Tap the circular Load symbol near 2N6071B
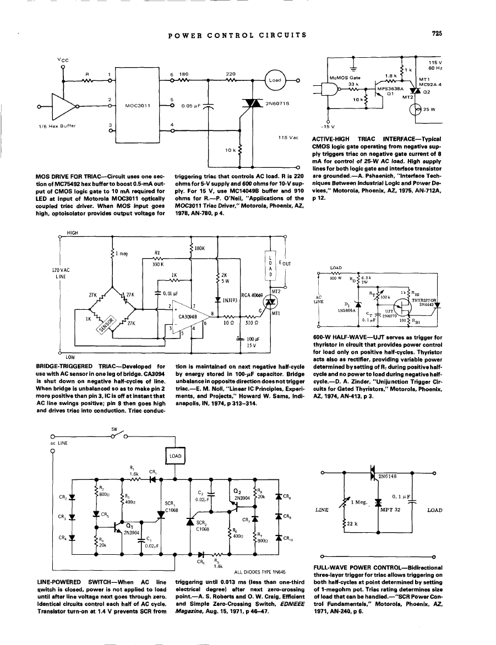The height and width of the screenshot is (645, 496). pos(274,80)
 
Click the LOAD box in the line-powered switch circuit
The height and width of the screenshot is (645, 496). pos(176,456)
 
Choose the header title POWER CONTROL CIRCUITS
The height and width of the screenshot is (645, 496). pos(237,35)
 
